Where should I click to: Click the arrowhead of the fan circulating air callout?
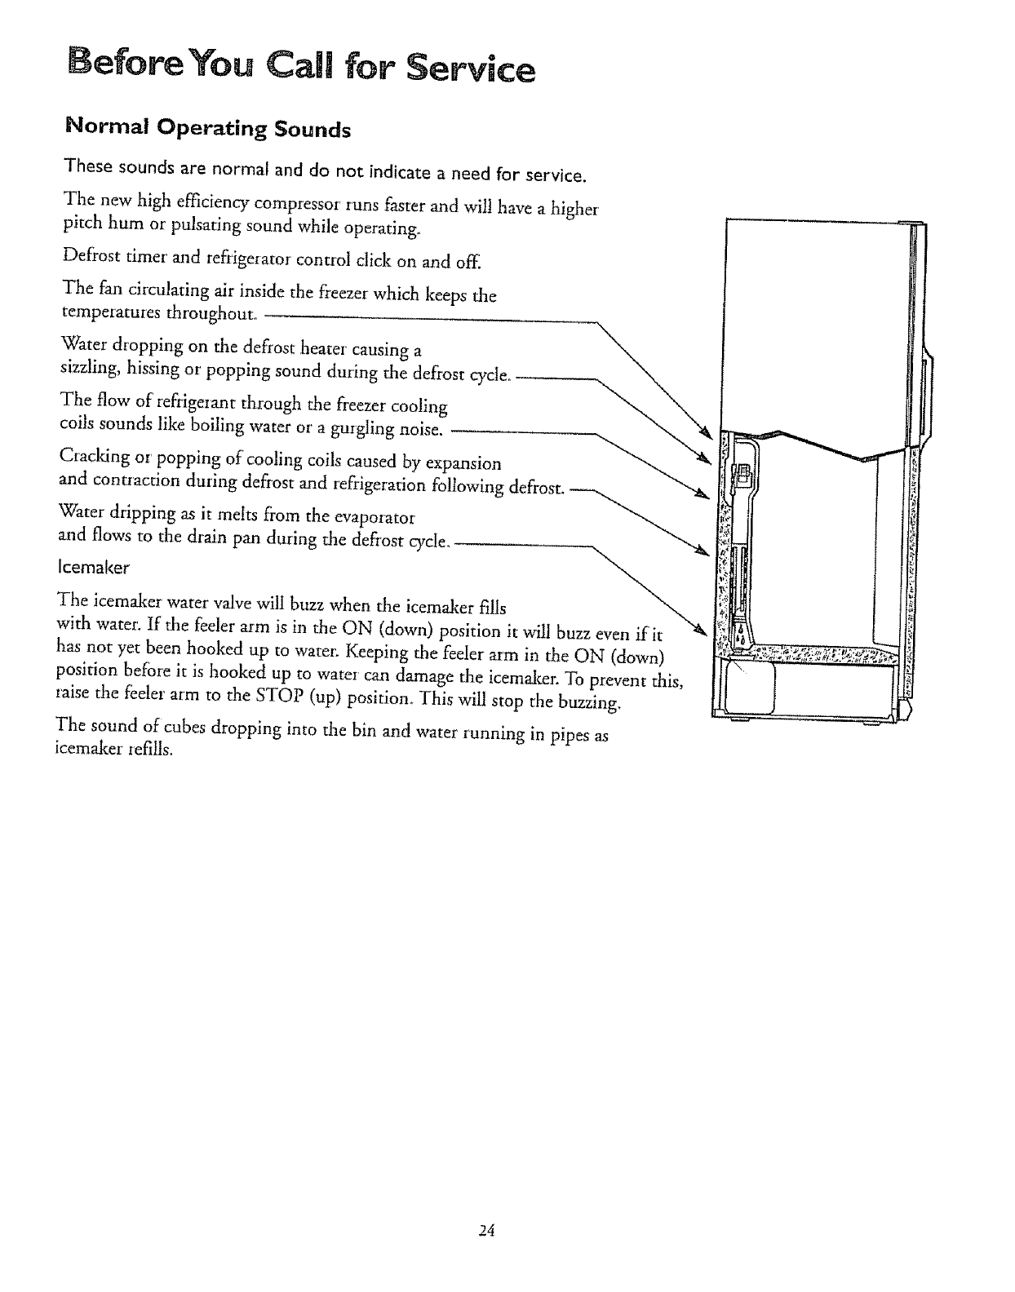tap(707, 431)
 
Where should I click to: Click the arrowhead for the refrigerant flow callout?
tap(700, 492)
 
